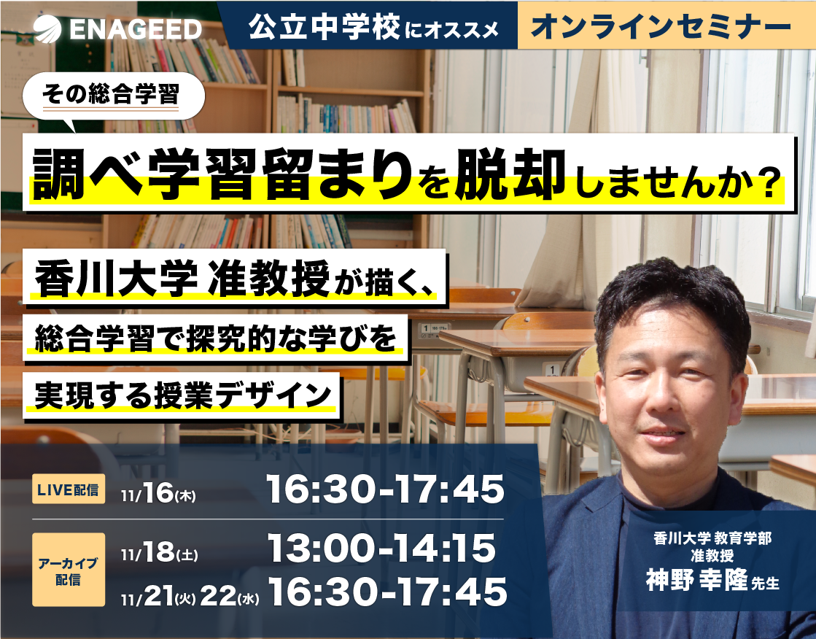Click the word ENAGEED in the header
click(136, 28)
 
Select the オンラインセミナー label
click(661, 26)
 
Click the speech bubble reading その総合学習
click(116, 95)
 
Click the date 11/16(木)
click(158, 493)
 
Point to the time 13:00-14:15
click(381, 549)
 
